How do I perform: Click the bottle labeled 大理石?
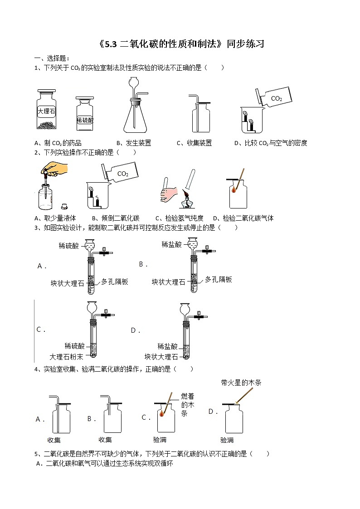coord(46,110)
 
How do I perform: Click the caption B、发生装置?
coord(134,143)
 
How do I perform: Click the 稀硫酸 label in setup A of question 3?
coord(68,246)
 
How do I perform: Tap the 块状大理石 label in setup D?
coord(161,357)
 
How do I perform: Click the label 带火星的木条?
coord(241,383)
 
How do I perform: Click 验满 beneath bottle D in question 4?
coord(227,440)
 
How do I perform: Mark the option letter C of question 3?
coord(39,330)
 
